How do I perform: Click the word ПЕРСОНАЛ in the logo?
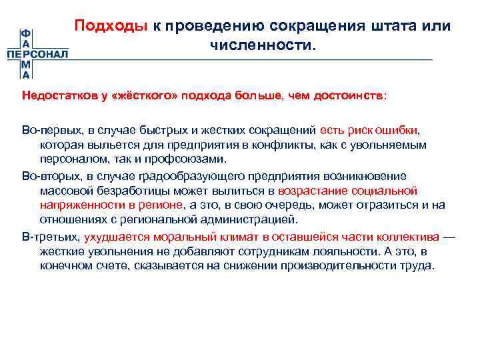click(x=37, y=54)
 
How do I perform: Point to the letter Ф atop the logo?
click(x=25, y=34)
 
